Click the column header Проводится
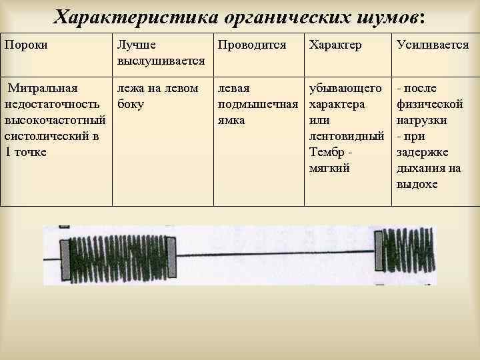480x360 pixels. pos(250,45)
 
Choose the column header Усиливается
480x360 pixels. pos(433,45)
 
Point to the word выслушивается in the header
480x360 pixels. pos(161,61)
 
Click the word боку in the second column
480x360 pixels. pos(130,104)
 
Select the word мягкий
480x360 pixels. pos(329,168)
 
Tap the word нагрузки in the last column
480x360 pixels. pos(421,120)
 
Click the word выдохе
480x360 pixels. pos(417,184)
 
